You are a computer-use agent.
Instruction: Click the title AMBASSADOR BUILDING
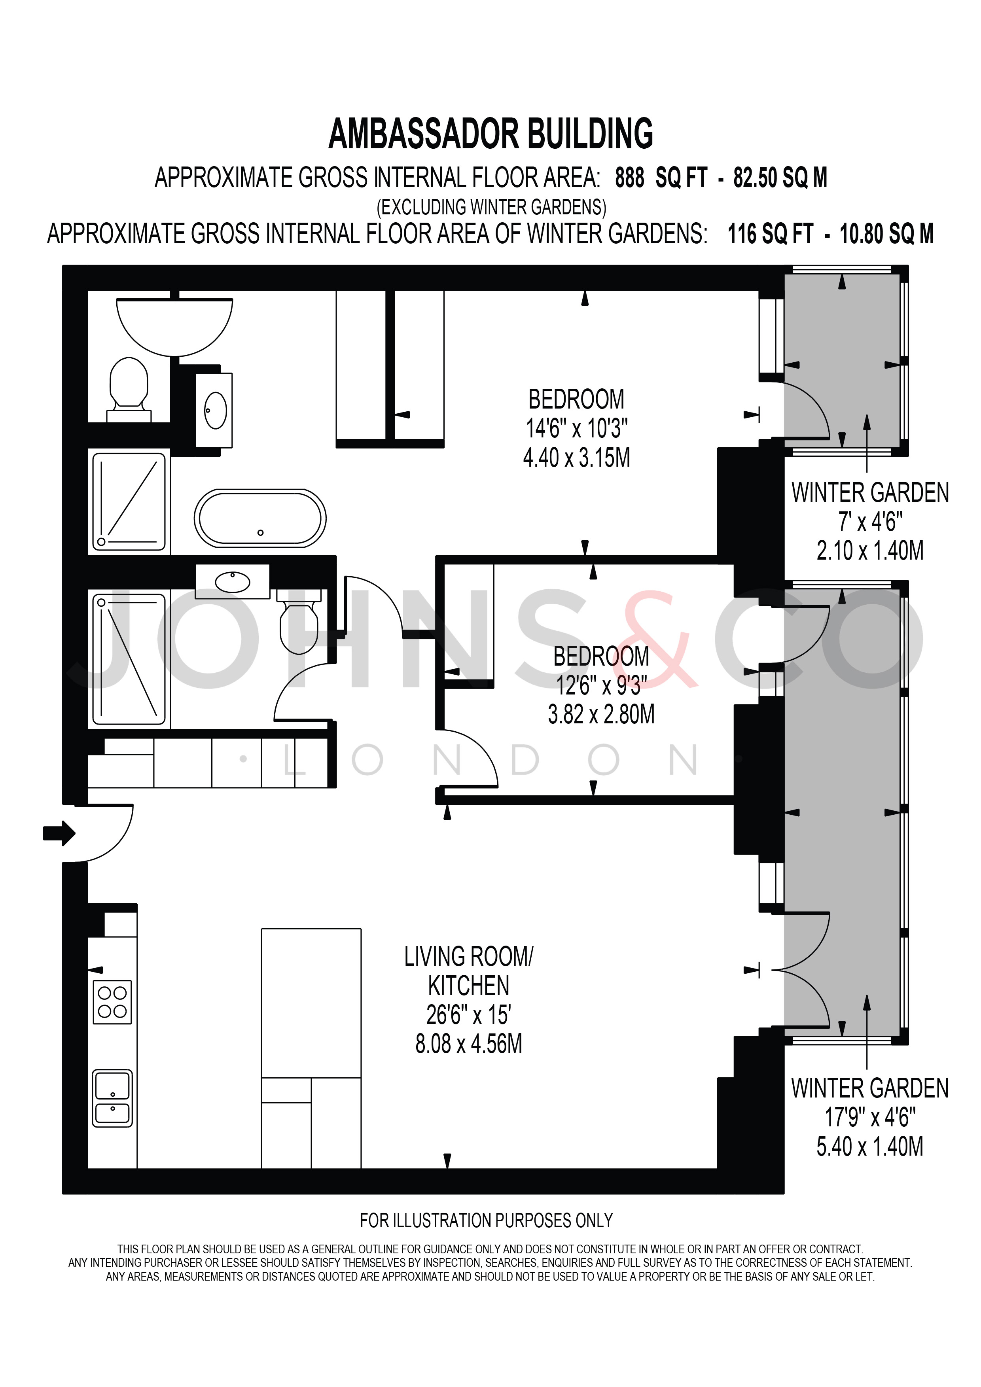coord(490,134)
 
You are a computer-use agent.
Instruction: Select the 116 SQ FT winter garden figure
coord(770,234)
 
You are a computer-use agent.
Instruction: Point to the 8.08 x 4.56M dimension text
coord(469,1044)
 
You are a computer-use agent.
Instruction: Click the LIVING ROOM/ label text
coord(469,957)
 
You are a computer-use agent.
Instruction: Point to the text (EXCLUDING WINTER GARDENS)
coord(491,207)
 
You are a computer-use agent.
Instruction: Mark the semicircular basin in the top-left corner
coord(174,327)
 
